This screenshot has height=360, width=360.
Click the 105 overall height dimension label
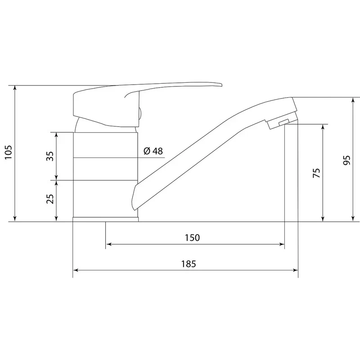pos(8,152)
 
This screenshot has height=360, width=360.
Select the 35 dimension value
pos(50,156)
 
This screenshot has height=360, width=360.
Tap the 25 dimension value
pos(50,199)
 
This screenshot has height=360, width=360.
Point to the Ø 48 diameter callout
pos(153,151)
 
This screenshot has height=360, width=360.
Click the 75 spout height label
pos(316,173)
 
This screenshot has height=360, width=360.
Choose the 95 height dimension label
pos(346,160)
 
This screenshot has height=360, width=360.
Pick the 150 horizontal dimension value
pos(193,238)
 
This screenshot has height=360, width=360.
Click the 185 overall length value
pos(189,264)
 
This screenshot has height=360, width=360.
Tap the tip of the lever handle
pos(221,85)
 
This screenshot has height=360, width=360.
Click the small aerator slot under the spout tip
pos(283,122)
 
